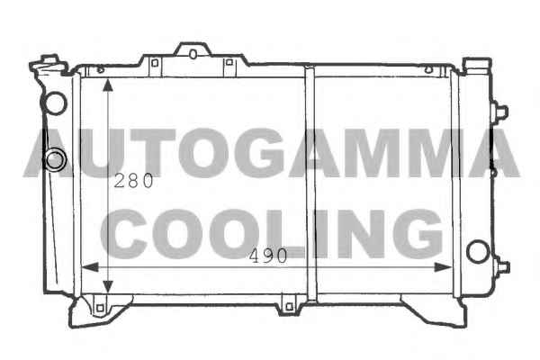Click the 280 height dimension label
[133, 181]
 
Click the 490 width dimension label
[268, 256]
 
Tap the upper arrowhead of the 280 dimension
[108, 85]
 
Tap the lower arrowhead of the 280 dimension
[108, 286]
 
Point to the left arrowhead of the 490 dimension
[90, 267]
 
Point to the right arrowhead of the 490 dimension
[443, 267]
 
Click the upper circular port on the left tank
[55, 103]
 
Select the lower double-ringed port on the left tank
[55, 159]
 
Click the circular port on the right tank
[478, 251]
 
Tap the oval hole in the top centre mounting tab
[193, 54]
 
